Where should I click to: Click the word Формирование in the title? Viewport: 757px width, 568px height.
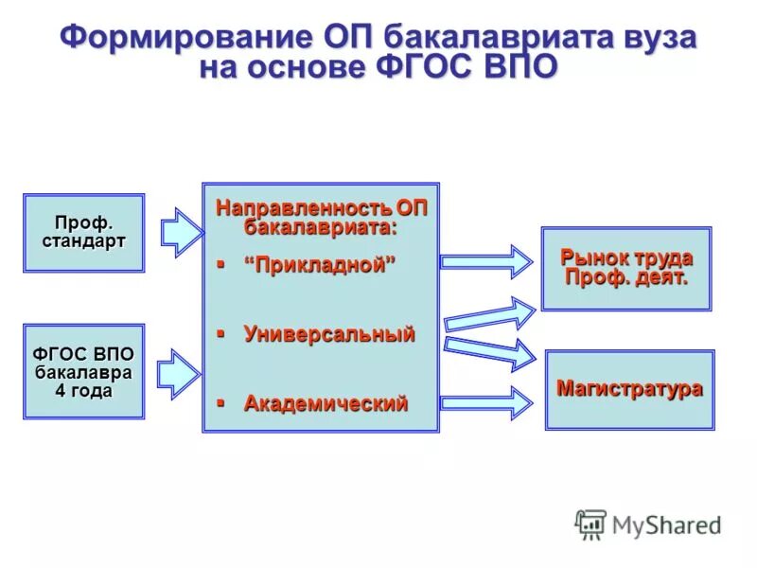point(182,38)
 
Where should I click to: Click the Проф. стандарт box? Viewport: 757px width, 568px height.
point(83,233)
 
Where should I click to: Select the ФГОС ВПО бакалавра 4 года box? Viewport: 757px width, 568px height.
point(83,371)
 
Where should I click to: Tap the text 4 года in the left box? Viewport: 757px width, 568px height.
point(83,390)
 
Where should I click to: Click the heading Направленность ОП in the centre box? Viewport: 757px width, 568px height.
point(321,208)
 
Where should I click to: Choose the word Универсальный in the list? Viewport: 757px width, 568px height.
point(328,334)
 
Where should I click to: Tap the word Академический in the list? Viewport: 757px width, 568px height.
point(326,403)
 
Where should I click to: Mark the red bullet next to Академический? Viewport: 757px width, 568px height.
point(220,402)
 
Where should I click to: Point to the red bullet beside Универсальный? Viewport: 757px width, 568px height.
point(220,333)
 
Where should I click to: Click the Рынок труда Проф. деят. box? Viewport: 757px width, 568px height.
point(625,268)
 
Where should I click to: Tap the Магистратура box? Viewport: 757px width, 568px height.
point(629,389)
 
